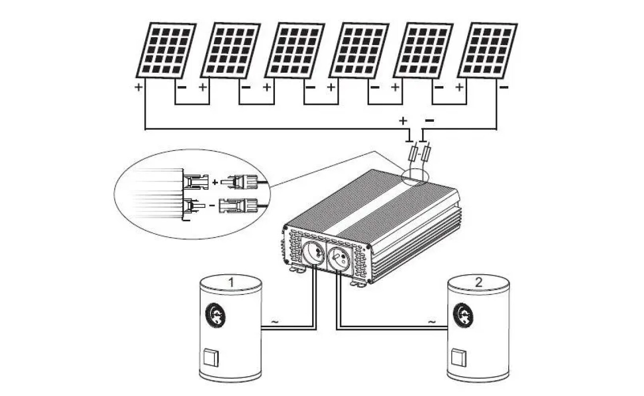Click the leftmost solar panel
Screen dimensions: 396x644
166,50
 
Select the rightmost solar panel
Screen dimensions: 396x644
487,50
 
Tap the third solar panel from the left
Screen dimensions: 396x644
295,50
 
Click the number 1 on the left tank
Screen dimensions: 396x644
230,283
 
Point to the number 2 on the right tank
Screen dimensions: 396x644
478,283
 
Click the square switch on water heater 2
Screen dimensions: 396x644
459,357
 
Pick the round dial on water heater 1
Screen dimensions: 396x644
216,314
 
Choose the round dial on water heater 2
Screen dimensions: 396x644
464,314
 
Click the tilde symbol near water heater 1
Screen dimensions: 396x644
274,322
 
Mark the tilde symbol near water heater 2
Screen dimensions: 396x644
432,322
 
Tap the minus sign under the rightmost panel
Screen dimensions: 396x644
504,88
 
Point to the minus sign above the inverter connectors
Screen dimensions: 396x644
429,120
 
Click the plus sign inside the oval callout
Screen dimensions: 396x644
215,182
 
